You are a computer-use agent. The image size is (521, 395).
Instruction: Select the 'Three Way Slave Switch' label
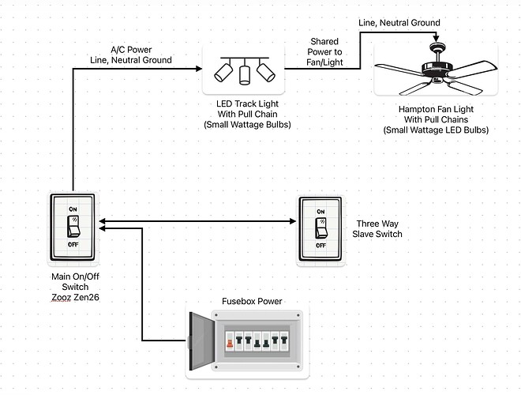(379, 228)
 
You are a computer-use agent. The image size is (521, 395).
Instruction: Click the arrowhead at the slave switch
(293, 220)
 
